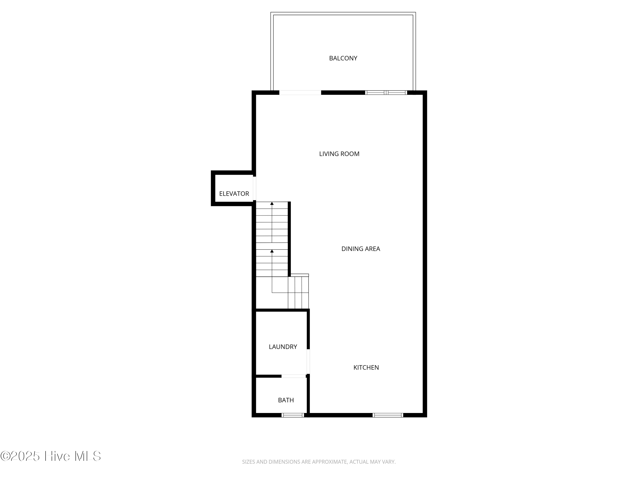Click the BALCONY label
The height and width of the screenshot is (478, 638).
tap(343, 58)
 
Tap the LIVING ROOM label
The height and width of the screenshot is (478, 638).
tap(339, 154)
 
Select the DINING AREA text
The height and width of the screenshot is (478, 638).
tap(360, 249)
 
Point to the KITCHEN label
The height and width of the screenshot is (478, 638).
tap(366, 367)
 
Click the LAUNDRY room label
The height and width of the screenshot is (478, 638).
tap(283, 347)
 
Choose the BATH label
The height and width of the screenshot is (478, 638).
tap(286, 400)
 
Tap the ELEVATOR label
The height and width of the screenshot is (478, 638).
tap(234, 194)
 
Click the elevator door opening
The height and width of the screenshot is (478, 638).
tap(254, 188)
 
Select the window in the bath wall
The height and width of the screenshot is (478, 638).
tap(293, 415)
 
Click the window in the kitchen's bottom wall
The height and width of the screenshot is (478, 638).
tap(388, 415)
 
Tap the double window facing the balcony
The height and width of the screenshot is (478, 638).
tap(386, 92)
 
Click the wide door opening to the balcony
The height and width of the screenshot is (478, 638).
tap(300, 92)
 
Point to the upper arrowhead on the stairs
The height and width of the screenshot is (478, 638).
tap(272, 204)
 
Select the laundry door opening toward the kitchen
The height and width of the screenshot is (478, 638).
tap(308, 361)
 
